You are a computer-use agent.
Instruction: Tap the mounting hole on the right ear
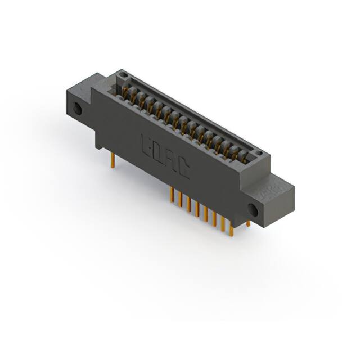[x=253, y=211]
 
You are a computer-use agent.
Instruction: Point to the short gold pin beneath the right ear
[x=248, y=223]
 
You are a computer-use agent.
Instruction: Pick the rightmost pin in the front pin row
[x=231, y=226]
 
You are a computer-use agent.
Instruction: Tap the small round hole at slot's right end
[x=258, y=153]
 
